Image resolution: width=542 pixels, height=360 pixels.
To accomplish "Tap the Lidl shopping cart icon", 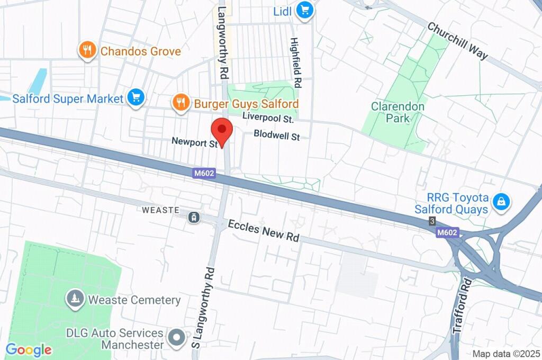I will tap(304, 10).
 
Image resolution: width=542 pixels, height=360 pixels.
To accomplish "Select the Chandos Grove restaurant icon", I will tap(87, 51).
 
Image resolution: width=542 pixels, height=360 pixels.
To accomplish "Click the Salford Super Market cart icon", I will tap(136, 97).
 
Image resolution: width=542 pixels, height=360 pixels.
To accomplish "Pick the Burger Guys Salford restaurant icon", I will tap(181, 103).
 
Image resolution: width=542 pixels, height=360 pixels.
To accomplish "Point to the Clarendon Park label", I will tap(398, 112).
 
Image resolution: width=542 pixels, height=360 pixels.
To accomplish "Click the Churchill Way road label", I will tap(457, 41).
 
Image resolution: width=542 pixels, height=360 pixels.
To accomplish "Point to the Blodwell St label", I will tap(276, 135).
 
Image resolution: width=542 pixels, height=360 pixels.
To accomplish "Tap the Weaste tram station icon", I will tap(194, 216).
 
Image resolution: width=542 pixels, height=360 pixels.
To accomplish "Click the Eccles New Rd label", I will tap(264, 230).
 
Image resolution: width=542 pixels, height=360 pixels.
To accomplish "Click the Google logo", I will tap(29, 349).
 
